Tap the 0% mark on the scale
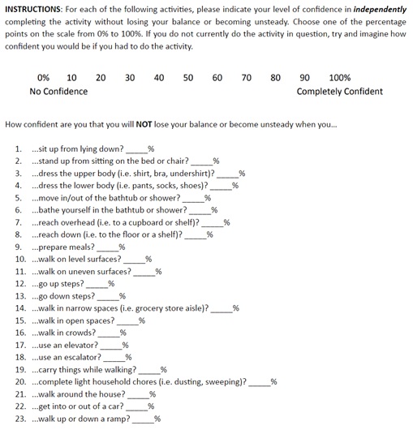[x=43, y=78]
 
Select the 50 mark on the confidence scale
[x=188, y=78]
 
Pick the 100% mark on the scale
[x=340, y=78]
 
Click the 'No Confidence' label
[x=58, y=92]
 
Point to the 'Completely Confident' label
[x=340, y=92]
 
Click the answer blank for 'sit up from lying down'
[x=136, y=150]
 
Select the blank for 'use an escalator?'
[x=114, y=357]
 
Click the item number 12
[x=20, y=284]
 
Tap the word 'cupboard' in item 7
[x=156, y=222]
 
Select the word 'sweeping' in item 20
[x=222, y=381]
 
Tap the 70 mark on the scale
[x=247, y=78]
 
